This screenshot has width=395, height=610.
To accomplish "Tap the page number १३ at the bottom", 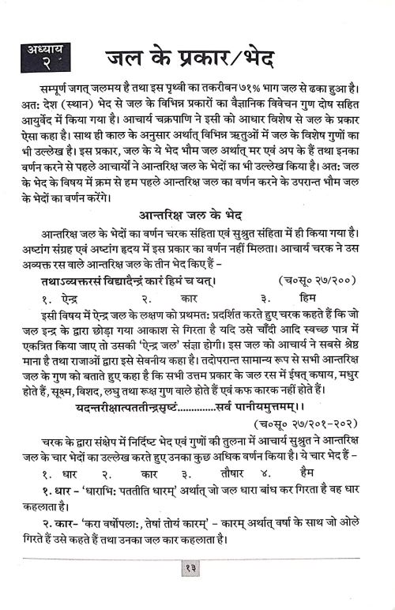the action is (197, 588).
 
